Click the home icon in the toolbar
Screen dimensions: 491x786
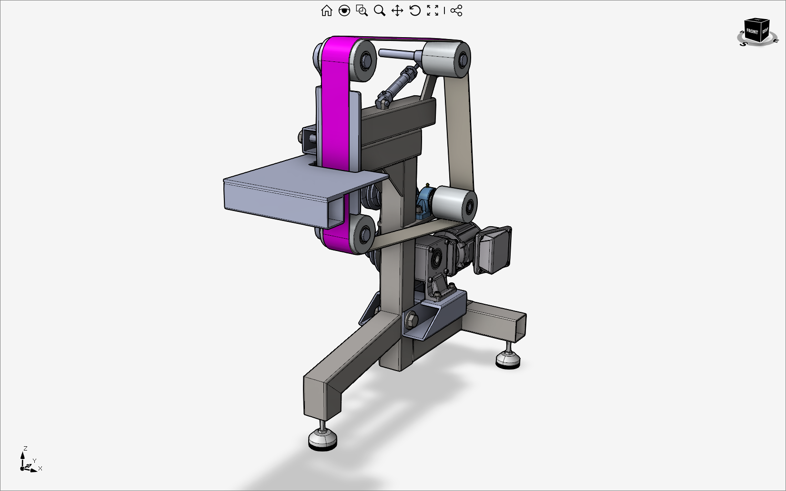pos(326,10)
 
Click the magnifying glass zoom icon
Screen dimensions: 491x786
pos(380,10)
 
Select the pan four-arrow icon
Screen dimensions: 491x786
pos(397,10)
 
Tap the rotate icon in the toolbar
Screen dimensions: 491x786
pos(415,10)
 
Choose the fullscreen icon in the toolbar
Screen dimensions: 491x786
pos(433,10)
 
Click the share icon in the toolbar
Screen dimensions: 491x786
pos(456,10)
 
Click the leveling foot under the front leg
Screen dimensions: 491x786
pos(322,439)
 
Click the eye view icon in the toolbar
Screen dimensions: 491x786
pos(344,10)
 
